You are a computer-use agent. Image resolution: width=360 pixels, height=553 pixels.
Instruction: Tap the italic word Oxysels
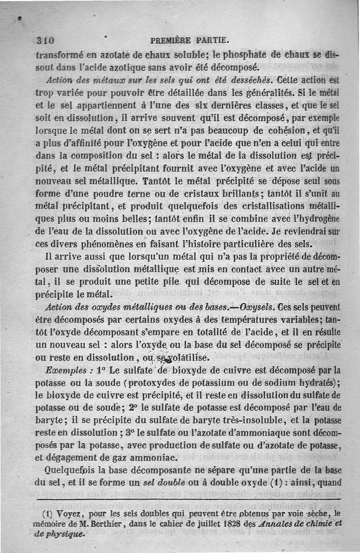click(x=252, y=308)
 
